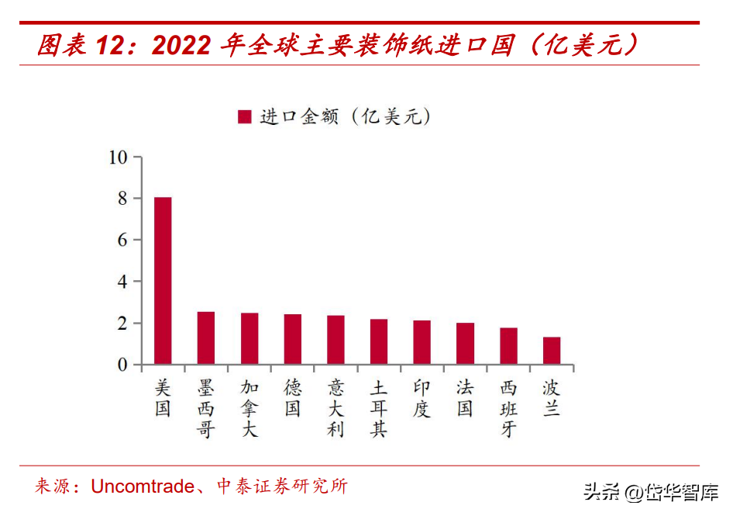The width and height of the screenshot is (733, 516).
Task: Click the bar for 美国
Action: [x=163, y=281]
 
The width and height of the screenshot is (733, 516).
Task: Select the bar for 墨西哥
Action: [x=205, y=338]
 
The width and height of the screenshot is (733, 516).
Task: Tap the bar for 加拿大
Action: [x=249, y=339]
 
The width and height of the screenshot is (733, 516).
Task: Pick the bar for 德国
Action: [x=292, y=340]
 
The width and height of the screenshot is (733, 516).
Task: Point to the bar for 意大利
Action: [x=336, y=341]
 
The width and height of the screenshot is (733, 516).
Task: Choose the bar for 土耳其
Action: [x=379, y=342]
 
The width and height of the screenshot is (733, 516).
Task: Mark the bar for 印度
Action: [x=422, y=343]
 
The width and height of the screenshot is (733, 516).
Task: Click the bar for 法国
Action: [x=465, y=344]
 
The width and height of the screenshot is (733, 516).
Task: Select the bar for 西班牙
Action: [x=508, y=346]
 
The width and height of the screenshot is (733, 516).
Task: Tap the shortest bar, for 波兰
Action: [x=552, y=351]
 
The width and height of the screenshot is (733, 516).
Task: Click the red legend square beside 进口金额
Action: [x=245, y=116]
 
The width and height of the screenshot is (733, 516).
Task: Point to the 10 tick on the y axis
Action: [x=118, y=158]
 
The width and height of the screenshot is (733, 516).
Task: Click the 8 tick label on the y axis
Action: [x=122, y=199]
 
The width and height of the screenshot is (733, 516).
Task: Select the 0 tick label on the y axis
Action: [x=122, y=365]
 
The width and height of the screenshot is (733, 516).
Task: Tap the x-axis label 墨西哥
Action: [x=205, y=408]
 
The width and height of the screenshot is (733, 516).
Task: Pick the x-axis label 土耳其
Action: [x=379, y=408]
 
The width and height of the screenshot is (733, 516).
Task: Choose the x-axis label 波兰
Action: [x=552, y=398]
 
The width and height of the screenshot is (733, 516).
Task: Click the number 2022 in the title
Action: [x=181, y=46]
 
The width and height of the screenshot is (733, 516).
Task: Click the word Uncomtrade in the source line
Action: [x=143, y=487]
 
